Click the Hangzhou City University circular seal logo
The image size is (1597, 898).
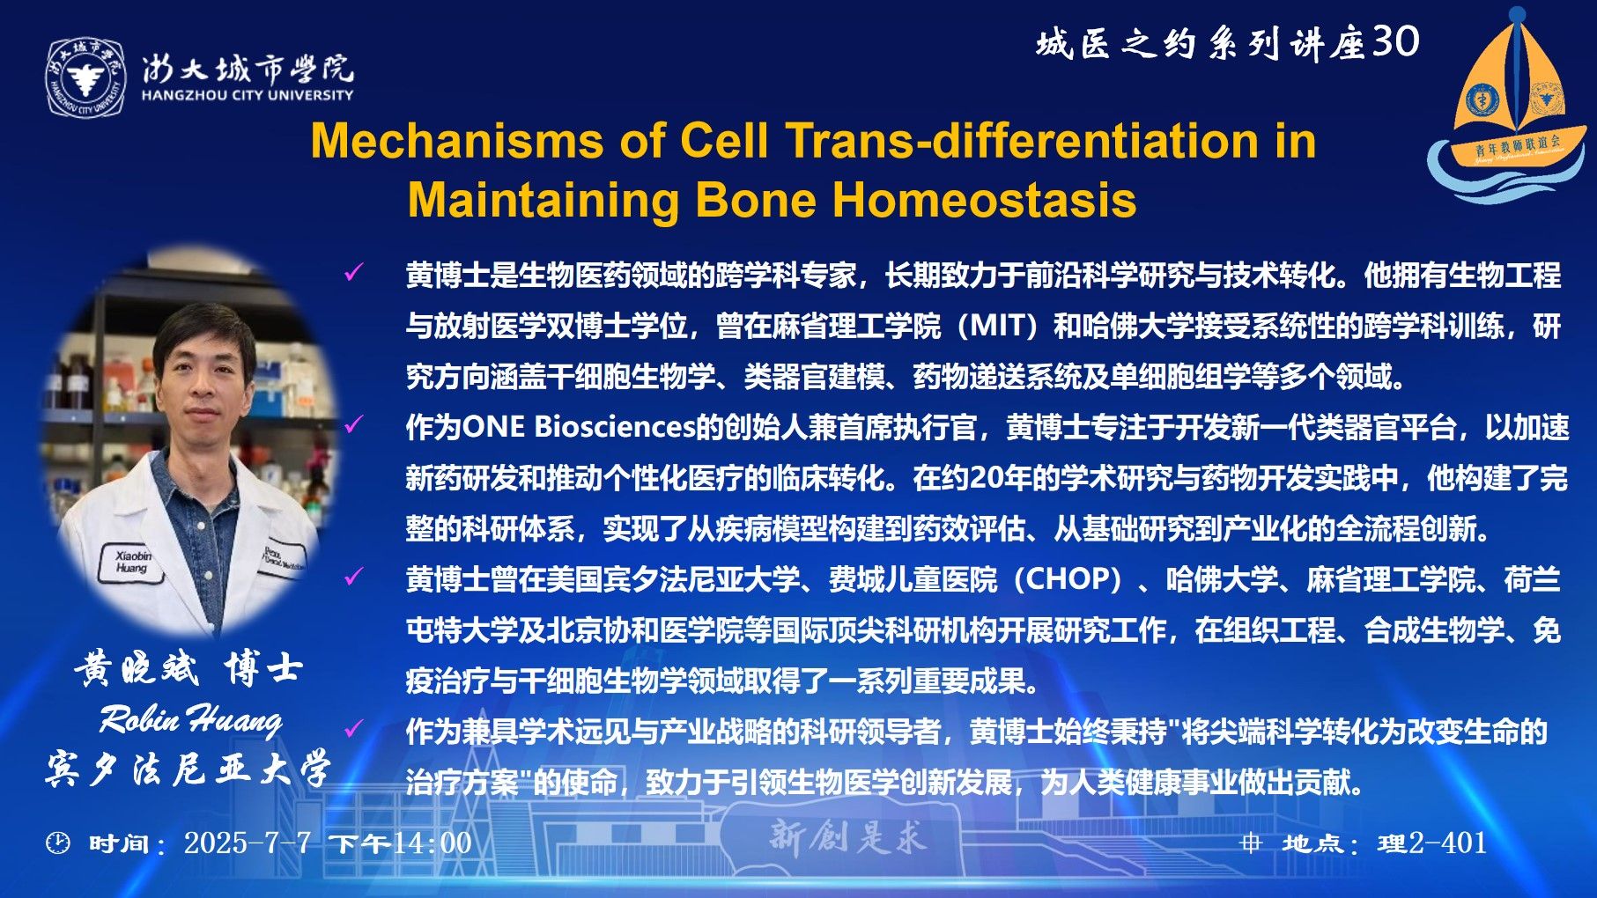[x=85, y=77]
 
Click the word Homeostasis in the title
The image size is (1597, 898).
[x=984, y=199]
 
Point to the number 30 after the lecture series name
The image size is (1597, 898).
[x=1396, y=41]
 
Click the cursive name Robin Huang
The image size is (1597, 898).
[x=191, y=719]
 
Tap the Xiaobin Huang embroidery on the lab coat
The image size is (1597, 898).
[x=132, y=562]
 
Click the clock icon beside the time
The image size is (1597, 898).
[x=57, y=843]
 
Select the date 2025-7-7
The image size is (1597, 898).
[x=248, y=843]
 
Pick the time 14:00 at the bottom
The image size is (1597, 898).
[x=433, y=843]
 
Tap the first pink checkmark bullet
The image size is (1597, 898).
[x=353, y=273]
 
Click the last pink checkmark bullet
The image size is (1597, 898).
[x=353, y=728]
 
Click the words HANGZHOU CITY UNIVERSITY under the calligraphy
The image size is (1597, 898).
[x=248, y=95]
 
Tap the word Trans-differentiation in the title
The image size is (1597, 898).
[x=1024, y=141]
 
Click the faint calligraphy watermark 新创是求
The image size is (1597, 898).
[x=847, y=836]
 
